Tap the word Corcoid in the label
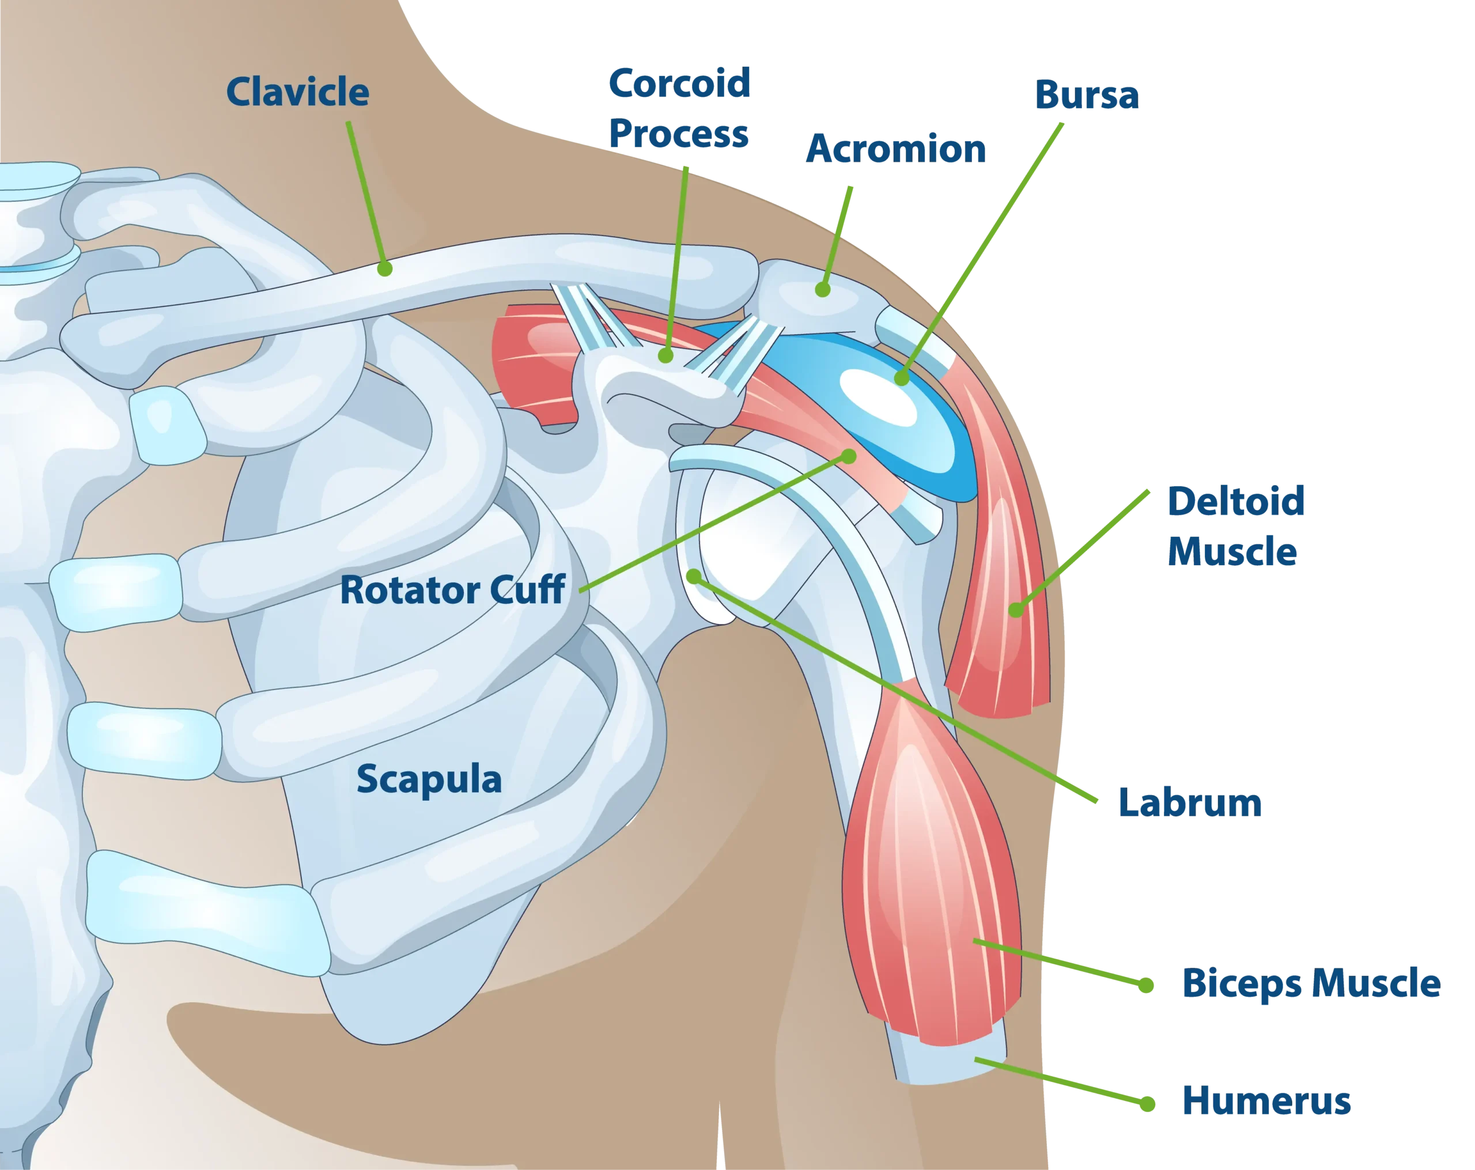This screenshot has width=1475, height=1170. pyautogui.click(x=679, y=84)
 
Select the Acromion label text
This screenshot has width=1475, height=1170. pyautogui.click(x=896, y=149)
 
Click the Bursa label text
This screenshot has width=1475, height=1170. pyautogui.click(x=1086, y=95)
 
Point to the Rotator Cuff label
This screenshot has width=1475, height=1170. pyautogui.click(x=452, y=590)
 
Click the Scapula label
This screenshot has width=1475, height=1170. pyautogui.click(x=429, y=779)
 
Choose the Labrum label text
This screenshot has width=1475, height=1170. pyautogui.click(x=1190, y=803)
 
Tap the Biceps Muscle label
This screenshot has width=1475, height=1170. pyautogui.click(x=1310, y=983)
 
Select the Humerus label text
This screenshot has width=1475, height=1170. pyautogui.click(x=1266, y=1100)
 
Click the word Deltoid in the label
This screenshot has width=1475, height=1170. pyautogui.click(x=1235, y=502)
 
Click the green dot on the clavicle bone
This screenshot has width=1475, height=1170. pyautogui.click(x=384, y=268)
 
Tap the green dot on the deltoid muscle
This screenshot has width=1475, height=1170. pyautogui.click(x=1016, y=609)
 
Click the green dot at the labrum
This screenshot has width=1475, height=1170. pyautogui.click(x=694, y=576)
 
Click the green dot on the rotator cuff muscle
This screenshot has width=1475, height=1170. pyautogui.click(x=849, y=456)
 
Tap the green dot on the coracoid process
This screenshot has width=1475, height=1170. pyautogui.click(x=665, y=355)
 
